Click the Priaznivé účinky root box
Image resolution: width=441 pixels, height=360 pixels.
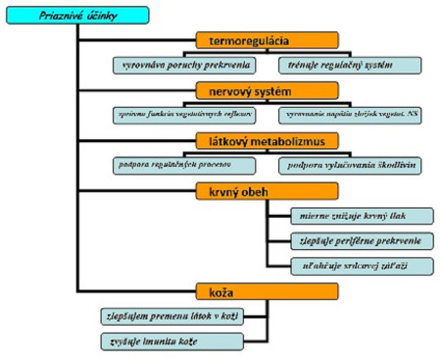pyautogui.click(x=78, y=15)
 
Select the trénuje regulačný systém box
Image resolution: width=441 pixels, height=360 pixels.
pyautogui.click(x=352, y=65)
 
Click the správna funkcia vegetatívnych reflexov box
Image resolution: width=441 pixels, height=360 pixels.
pyautogui.click(x=184, y=115)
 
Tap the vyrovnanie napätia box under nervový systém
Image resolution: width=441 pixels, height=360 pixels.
pyautogui.click(x=352, y=115)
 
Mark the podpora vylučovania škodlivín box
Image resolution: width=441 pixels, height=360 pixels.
pyautogui.click(x=352, y=165)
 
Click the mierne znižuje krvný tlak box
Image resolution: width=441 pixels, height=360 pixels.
pyautogui.click(x=349, y=215)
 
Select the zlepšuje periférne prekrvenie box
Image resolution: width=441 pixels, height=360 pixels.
pyautogui.click(x=349, y=240)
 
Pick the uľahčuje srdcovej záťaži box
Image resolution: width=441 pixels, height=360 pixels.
pyautogui.click(x=349, y=266)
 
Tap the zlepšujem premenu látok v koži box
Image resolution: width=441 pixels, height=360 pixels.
pyautogui.click(x=171, y=316)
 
